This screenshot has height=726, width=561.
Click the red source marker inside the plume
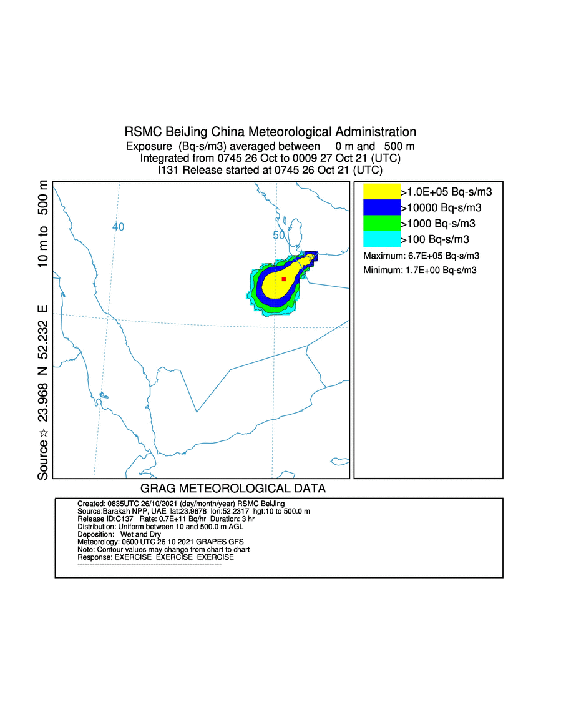pyautogui.click(x=284, y=279)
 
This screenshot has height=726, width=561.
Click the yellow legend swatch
pyautogui.click(x=381, y=192)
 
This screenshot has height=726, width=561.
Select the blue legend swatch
pyautogui.click(x=381, y=207)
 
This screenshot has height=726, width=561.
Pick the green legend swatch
pyautogui.click(x=381, y=223)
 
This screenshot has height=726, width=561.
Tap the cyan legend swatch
pyautogui.click(x=381, y=239)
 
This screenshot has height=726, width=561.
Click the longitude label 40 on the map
pyautogui.click(x=119, y=227)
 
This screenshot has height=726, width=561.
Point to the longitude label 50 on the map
pyautogui.click(x=279, y=235)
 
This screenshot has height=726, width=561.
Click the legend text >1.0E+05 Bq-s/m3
pyautogui.click(x=446, y=192)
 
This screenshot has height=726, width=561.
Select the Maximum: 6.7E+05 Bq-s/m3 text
pyautogui.click(x=421, y=256)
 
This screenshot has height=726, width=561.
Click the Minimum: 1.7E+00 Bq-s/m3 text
pyautogui.click(x=420, y=270)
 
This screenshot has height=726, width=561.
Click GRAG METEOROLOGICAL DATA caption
pyautogui.click(x=233, y=489)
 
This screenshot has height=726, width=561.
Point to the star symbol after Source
pyautogui.click(x=43, y=433)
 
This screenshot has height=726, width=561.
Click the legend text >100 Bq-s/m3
pyautogui.click(x=434, y=239)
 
